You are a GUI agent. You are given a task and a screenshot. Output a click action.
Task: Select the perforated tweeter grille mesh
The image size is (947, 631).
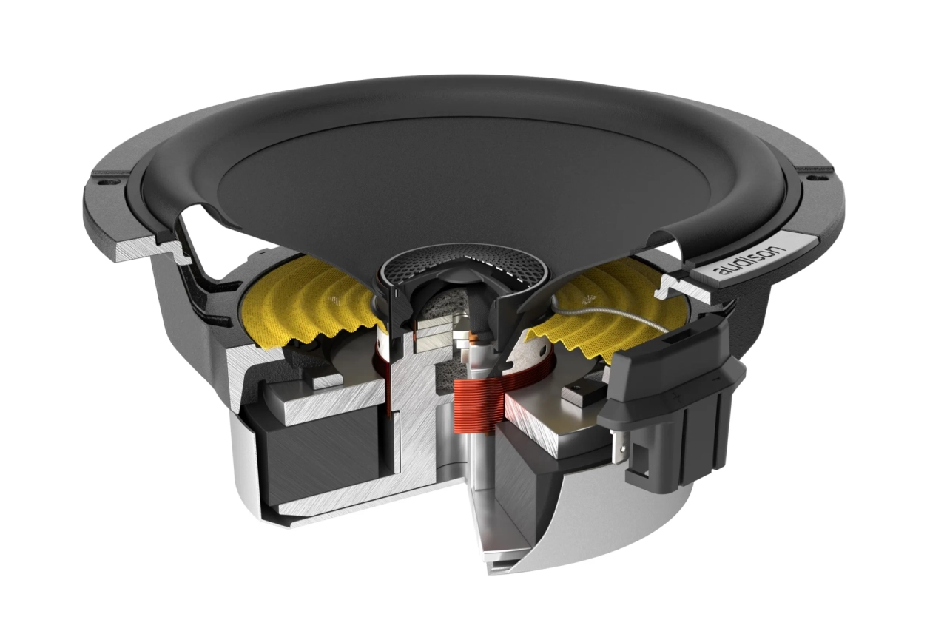coord(429,270)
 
